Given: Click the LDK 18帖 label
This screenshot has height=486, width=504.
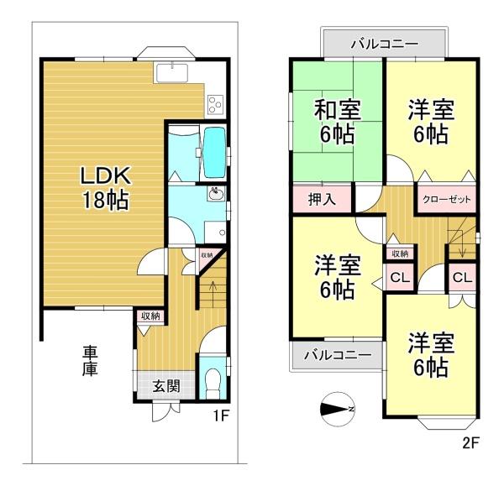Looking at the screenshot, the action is (x=106, y=187).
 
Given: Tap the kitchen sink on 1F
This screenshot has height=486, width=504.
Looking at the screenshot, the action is (x=171, y=72).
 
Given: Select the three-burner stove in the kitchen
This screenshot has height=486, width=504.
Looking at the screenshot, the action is (x=215, y=104).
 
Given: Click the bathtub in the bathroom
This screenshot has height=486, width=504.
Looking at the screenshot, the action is (x=213, y=150).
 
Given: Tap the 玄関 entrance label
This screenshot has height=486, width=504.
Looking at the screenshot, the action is (x=166, y=386).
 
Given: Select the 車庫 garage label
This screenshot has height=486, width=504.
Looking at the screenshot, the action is (x=90, y=361).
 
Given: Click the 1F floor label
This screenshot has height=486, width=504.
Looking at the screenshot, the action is (x=221, y=416).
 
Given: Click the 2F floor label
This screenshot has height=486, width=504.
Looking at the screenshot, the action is (x=471, y=443).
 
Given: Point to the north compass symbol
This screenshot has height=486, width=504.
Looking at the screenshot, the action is (x=338, y=409).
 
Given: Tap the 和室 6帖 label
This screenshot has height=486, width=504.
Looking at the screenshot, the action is (x=337, y=122).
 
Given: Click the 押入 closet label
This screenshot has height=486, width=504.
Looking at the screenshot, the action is (x=322, y=199).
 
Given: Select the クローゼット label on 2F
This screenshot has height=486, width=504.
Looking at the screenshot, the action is (x=447, y=200).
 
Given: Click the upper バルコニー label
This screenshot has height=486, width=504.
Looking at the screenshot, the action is (x=385, y=44).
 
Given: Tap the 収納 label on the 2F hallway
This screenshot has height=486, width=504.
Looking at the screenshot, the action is (x=400, y=253).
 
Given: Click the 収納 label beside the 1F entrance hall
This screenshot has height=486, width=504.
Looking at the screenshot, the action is (x=150, y=316).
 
